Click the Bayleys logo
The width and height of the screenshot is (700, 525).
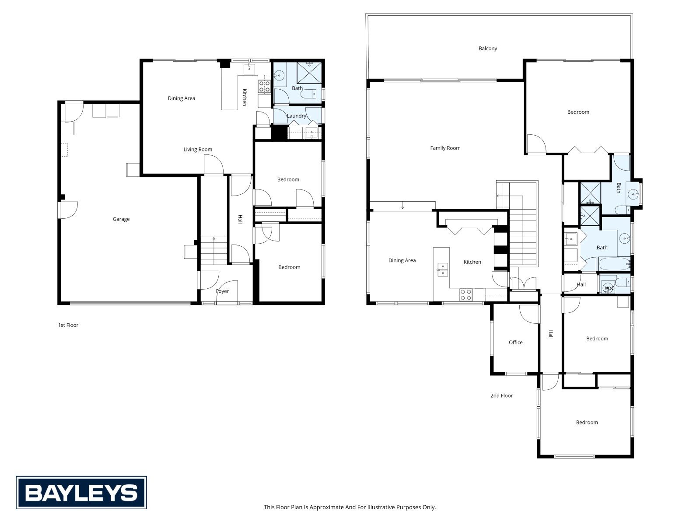pos(81,493)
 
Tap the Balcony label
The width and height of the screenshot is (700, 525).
pos(488,49)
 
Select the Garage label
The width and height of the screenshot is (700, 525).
pos(121,219)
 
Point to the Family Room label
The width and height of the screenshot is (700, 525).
pos(445,148)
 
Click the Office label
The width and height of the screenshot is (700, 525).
pos(516,343)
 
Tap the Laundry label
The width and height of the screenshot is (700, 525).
pos(297,115)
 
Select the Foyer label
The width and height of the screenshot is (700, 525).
pos(222,291)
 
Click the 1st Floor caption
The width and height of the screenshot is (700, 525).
pos(68,325)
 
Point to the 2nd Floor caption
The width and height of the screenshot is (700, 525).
pos(501,395)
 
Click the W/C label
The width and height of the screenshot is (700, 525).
pos(609,288)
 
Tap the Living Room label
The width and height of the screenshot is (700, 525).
pos(198,150)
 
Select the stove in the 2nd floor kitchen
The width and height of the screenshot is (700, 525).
pos(465,294)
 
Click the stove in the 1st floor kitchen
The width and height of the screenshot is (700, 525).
pos(264,86)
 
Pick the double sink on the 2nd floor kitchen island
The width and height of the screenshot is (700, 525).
pos(443,269)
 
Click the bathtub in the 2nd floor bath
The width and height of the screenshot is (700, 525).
pos(615,264)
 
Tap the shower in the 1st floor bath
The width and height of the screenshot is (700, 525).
pos(309,73)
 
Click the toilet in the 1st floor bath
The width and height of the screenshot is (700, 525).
pos(309,94)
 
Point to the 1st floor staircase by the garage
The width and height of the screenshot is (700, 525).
pos(213,251)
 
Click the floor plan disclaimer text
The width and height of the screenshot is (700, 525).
pos(350,507)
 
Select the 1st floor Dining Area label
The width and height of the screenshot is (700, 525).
pos(182,98)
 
